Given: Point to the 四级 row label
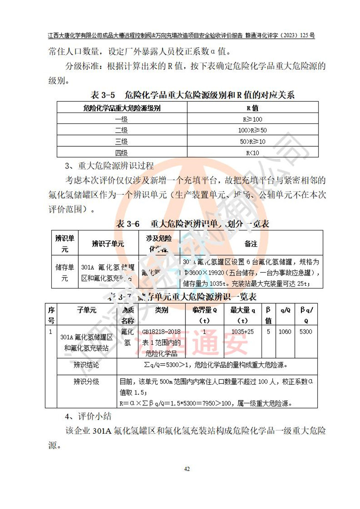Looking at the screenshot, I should [x=121, y=153].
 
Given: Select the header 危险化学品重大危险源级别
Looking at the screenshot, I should [x=121, y=108].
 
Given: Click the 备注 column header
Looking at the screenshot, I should [x=251, y=243].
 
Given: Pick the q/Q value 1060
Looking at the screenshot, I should [x=285, y=332].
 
